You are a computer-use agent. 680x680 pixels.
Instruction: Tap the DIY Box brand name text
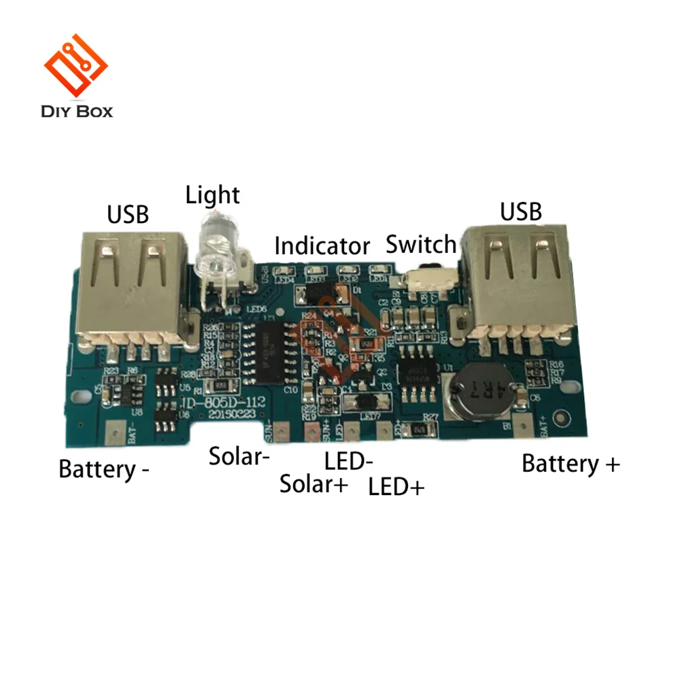pos(77,111)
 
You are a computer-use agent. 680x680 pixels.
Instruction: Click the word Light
pos(213,196)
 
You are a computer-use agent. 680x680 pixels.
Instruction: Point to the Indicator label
pos(322,246)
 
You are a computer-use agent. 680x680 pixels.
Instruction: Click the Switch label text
pos(421,244)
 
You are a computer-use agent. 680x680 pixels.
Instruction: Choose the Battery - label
pos(104,469)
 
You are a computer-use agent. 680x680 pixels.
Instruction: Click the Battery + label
pos(571,464)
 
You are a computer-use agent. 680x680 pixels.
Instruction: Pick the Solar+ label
pos(314,484)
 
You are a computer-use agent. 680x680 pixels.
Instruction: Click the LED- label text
pos(348,462)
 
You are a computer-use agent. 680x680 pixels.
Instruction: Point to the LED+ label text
pos(396,487)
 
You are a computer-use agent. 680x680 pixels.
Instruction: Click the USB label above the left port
pos(128,215)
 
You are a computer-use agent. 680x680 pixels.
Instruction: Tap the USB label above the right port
pos(521,212)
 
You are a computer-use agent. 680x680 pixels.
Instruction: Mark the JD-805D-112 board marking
pos(224,404)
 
